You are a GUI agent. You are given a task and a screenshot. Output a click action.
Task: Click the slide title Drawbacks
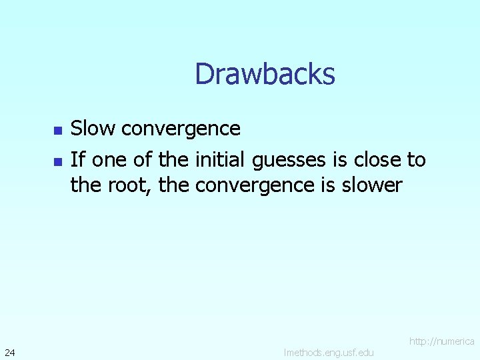pos(265,74)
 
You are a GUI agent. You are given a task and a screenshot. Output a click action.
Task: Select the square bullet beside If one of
pos(57,161)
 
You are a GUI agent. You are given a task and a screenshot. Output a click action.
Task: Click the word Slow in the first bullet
pos(91,127)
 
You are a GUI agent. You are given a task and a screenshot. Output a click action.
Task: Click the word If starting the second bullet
pos(77,159)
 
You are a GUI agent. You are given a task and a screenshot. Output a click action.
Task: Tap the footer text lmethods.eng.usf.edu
pos(329,352)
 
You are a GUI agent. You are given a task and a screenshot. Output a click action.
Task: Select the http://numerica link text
pos(441,341)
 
